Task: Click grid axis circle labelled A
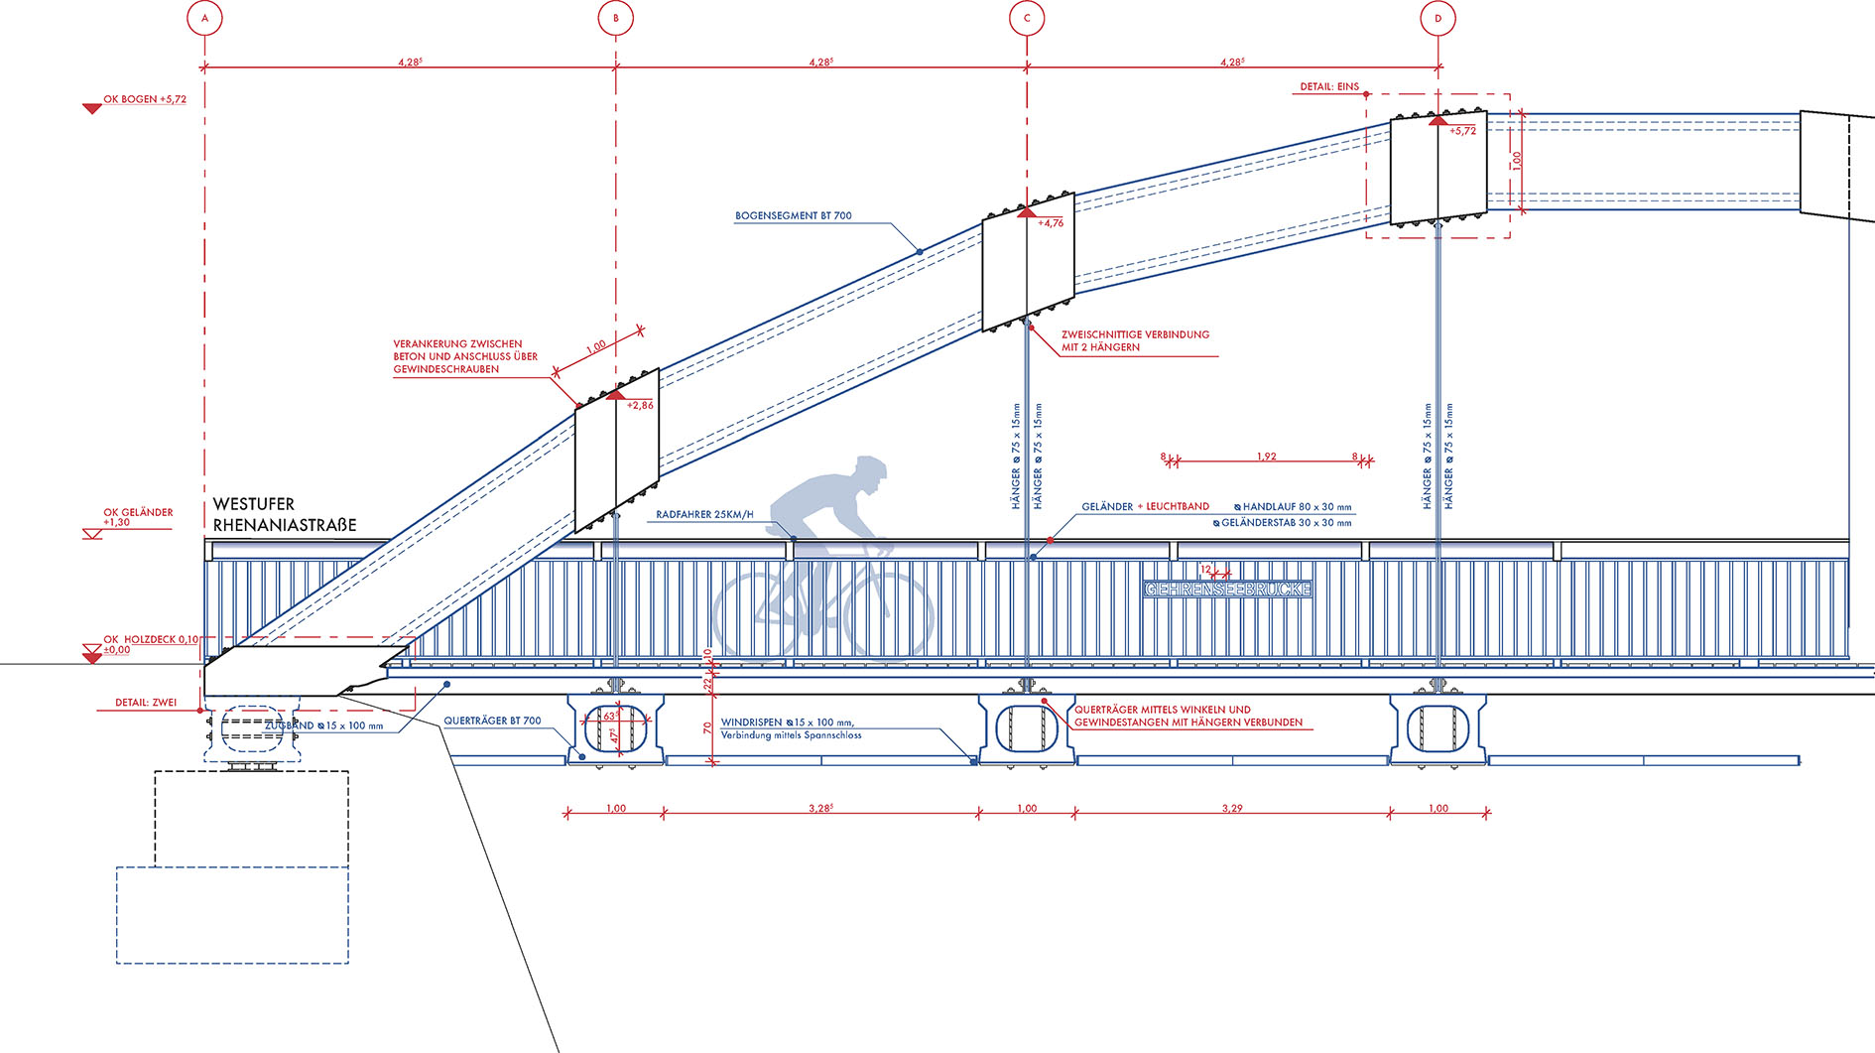pyautogui.click(x=204, y=18)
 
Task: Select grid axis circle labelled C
pyautogui.click(x=1027, y=18)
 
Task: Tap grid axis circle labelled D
pyautogui.click(x=1437, y=18)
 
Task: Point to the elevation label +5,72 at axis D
pyautogui.click(x=1462, y=131)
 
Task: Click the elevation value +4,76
pyautogui.click(x=1050, y=223)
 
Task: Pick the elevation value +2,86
pyautogui.click(x=640, y=405)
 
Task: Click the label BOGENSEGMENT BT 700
pyautogui.click(x=793, y=215)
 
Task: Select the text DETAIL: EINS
pyautogui.click(x=1329, y=87)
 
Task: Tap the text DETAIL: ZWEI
pyautogui.click(x=146, y=703)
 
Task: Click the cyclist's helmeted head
pyautogui.click(x=870, y=471)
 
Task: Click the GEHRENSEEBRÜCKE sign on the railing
pyautogui.click(x=1227, y=590)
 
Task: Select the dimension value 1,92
pyautogui.click(x=1266, y=457)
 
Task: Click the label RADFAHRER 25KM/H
pyautogui.click(x=704, y=515)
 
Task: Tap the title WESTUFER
pyautogui.click(x=254, y=504)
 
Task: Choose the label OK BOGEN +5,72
pyautogui.click(x=145, y=99)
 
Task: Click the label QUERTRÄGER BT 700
pyautogui.click(x=492, y=721)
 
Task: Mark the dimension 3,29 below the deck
pyautogui.click(x=1231, y=809)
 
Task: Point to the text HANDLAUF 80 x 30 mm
pyautogui.click(x=1297, y=507)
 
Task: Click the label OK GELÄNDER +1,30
pyautogui.click(x=138, y=517)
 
